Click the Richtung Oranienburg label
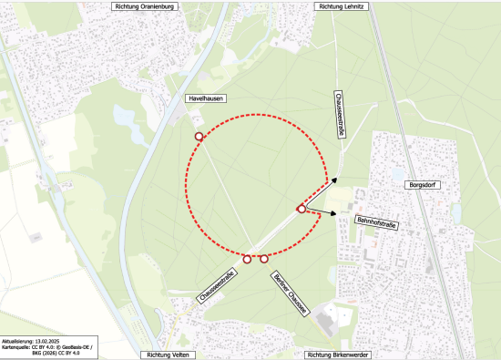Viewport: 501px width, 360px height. click(x=143, y=5)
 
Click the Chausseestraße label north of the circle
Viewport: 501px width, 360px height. click(x=340, y=114)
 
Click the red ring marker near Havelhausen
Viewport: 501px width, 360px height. click(x=199, y=136)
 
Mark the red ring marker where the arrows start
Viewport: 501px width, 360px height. click(x=302, y=210)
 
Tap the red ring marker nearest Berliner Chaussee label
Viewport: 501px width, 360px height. click(x=264, y=259)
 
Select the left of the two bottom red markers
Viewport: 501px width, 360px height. click(x=247, y=259)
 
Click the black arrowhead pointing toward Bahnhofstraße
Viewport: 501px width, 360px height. click(x=332, y=214)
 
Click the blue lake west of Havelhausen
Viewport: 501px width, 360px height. click(x=122, y=118)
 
